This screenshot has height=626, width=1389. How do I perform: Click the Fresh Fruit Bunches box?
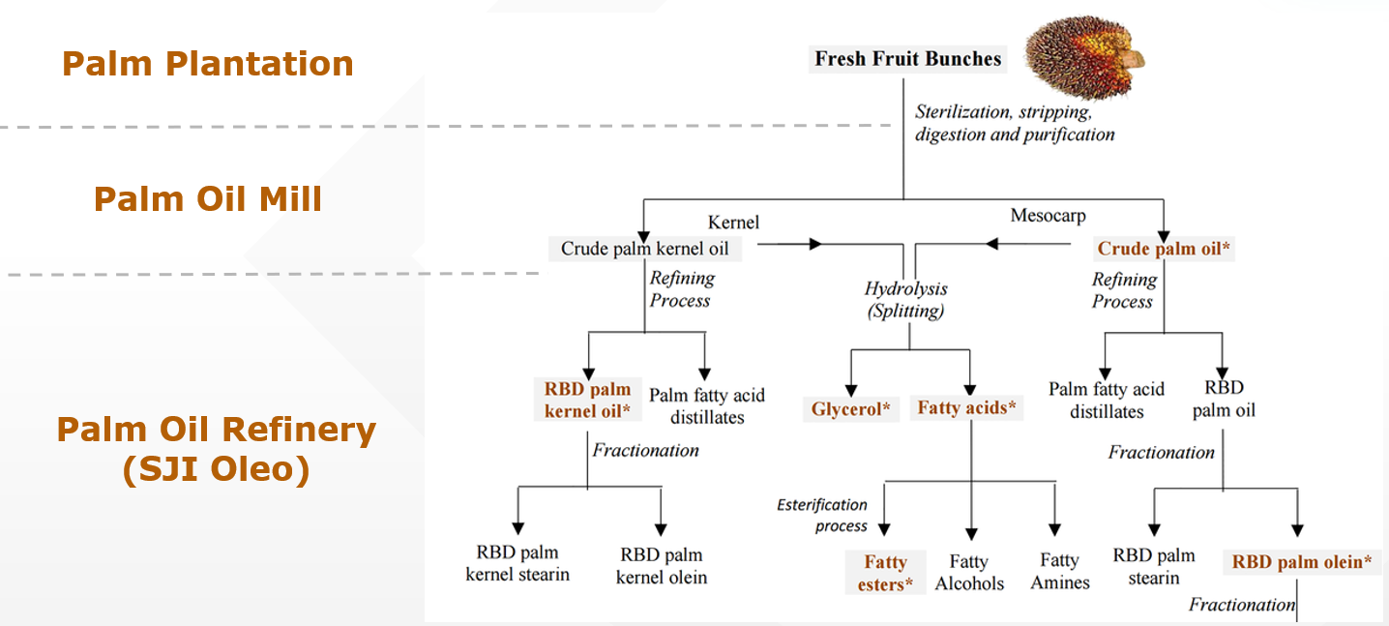[x=907, y=59]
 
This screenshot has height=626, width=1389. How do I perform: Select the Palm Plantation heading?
[x=208, y=64]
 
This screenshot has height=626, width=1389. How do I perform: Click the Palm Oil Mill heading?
[x=208, y=199]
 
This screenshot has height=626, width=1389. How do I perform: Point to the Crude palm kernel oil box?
[x=645, y=249]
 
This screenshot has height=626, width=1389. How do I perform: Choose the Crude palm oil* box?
[x=1164, y=249]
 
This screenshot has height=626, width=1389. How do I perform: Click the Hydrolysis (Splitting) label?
[x=905, y=300]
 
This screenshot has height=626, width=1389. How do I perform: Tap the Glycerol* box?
[x=851, y=409]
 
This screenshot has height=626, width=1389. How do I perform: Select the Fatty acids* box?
[x=967, y=408]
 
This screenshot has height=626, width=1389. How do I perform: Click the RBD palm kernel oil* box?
[x=587, y=401]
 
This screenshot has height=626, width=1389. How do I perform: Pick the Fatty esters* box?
[x=885, y=573]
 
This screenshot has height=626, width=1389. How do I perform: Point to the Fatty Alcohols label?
[x=969, y=573]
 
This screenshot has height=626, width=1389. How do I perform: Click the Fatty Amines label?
[x=1060, y=571]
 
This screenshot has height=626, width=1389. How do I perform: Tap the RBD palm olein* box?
[x=1302, y=562]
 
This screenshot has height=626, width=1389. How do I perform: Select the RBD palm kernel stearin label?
[x=517, y=563]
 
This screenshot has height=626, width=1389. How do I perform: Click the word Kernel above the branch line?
[x=733, y=223]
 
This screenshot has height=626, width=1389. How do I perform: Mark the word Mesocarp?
[x=1048, y=216]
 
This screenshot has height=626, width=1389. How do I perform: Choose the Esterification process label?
[x=822, y=516]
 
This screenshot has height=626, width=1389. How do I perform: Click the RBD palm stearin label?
[x=1154, y=566]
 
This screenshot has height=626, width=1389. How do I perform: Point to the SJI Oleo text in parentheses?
[x=216, y=470]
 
